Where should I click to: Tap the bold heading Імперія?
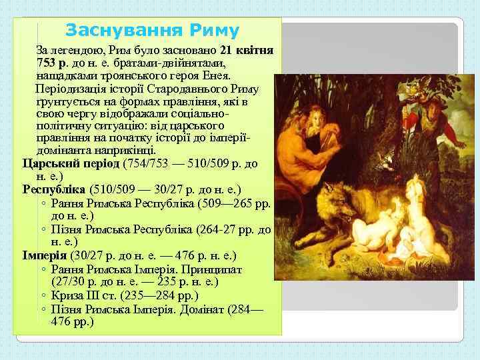pos(45,255)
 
